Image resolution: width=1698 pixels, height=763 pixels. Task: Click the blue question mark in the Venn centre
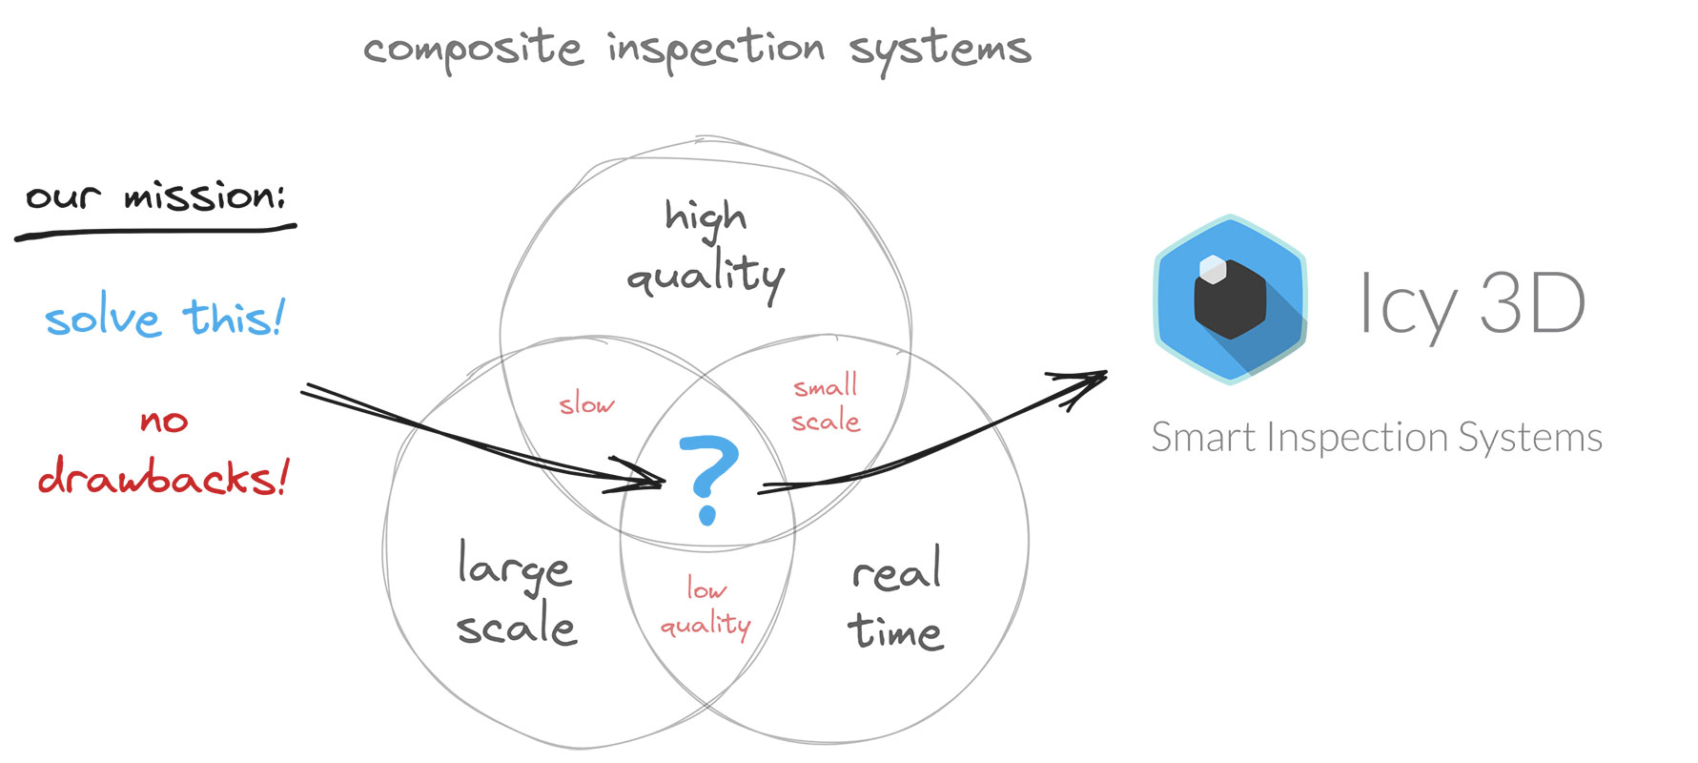[x=707, y=477]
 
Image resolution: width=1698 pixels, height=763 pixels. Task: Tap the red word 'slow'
[x=586, y=404]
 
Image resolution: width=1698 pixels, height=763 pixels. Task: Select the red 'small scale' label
[x=826, y=404]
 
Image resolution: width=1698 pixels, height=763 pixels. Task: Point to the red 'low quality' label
[x=706, y=608]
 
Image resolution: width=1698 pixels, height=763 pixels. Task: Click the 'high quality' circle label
[x=706, y=248]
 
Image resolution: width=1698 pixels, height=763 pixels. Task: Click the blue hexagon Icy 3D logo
[x=1230, y=299]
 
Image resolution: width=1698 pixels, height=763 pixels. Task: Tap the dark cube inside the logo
[x=1230, y=303]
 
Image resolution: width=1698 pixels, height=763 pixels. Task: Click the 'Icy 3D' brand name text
[x=1471, y=303]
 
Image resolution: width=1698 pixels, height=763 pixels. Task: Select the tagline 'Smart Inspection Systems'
[x=1377, y=438]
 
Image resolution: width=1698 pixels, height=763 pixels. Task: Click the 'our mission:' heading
[x=154, y=196]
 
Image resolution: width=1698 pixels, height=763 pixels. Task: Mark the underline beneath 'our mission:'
[x=154, y=230]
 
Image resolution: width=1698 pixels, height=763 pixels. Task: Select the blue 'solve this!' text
[x=164, y=318]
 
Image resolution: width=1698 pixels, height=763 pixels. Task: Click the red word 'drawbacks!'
[x=163, y=477]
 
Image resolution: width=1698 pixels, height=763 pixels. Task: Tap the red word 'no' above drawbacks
[x=164, y=421]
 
